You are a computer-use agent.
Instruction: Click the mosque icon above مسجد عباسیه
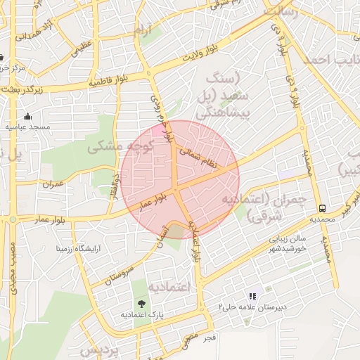coord(27,116)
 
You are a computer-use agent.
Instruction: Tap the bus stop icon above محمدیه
coord(323,208)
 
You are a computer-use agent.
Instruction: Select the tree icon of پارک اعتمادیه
coord(143,304)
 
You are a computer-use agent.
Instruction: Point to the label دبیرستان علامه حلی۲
coord(251,308)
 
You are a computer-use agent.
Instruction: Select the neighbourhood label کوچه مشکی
coord(115,148)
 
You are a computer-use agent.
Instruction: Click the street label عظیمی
coord(78,49)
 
